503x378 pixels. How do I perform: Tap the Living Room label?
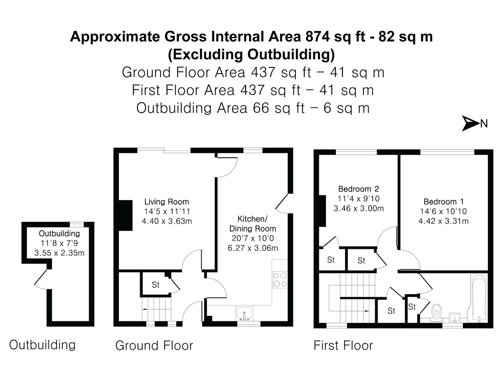(x=167, y=202)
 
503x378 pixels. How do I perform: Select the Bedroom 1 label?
(x=444, y=202)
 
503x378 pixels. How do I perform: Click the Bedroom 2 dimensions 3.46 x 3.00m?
(x=359, y=209)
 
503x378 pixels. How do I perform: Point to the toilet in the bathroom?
(x=436, y=313)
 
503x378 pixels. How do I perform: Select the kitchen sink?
(x=245, y=313)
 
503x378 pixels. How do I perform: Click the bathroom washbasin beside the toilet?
(x=454, y=317)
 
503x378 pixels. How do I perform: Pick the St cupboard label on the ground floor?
(x=155, y=285)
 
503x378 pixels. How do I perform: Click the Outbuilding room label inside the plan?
(x=59, y=233)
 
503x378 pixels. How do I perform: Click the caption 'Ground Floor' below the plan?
(x=154, y=345)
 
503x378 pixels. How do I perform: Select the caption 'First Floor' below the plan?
(x=343, y=345)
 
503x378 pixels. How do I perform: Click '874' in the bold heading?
(x=317, y=36)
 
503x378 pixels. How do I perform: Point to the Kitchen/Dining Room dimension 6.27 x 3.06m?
(x=253, y=248)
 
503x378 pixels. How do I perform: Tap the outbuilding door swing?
(x=41, y=280)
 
